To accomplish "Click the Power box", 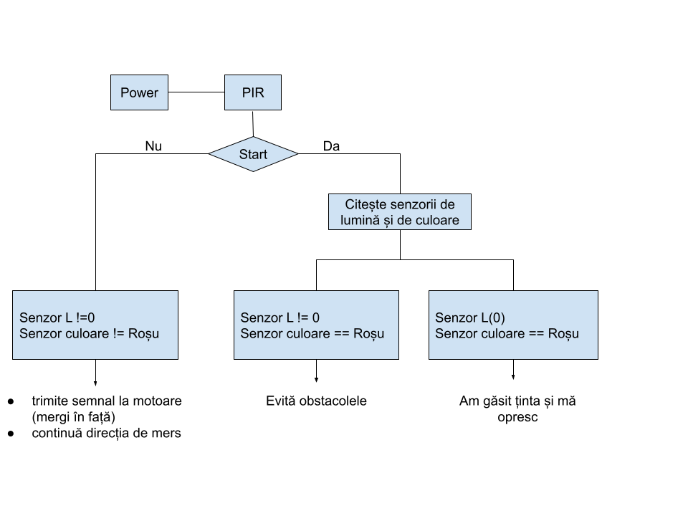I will [139, 92].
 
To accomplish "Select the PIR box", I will [252, 92].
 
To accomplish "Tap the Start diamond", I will [253, 154].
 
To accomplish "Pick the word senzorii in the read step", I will [415, 204].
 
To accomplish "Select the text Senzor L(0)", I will [469, 317].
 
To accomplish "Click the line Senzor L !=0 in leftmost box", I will [57, 317].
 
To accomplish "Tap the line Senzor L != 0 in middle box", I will [279, 317].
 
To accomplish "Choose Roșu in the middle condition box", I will [368, 333].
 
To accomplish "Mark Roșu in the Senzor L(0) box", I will [563, 333].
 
